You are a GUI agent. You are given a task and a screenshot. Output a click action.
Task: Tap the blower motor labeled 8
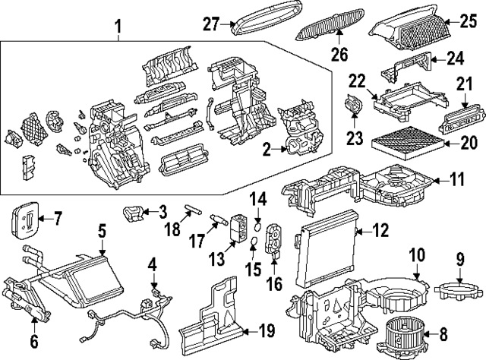[410, 332]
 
